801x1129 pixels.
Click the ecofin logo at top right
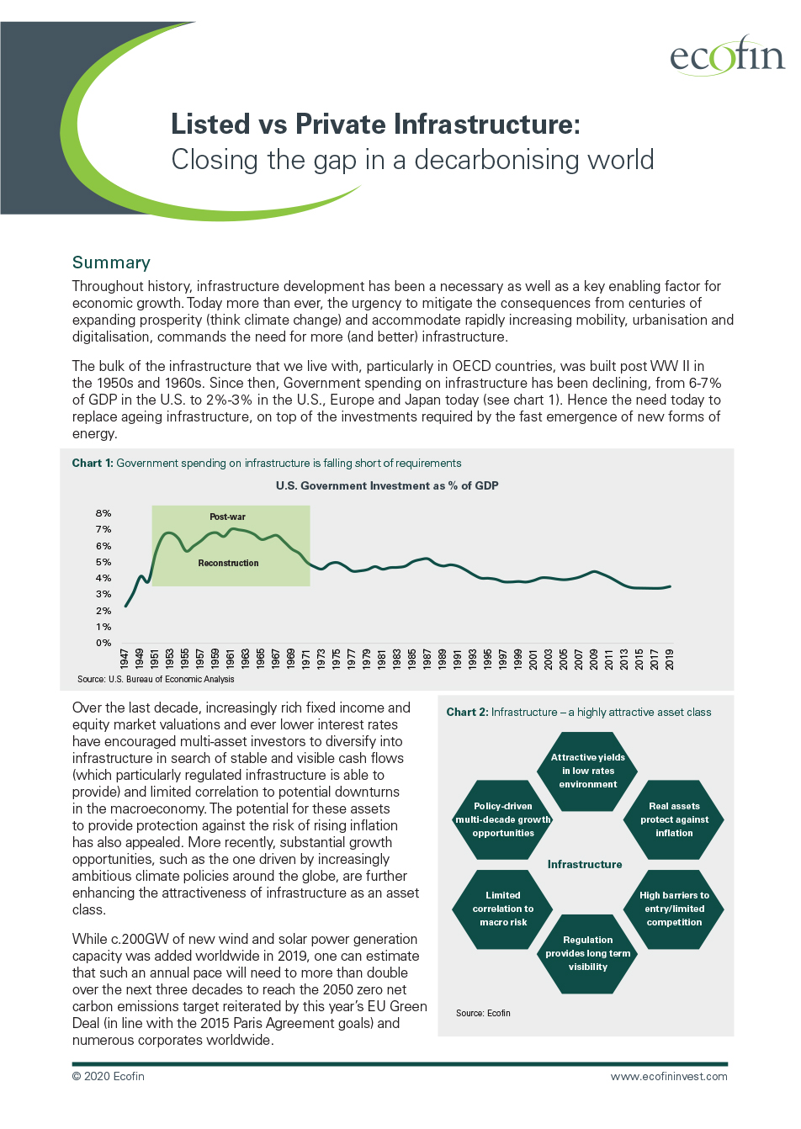click(726, 56)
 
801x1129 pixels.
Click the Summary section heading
click(111, 262)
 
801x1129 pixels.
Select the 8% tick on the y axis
click(103, 513)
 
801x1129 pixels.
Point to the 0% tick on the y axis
click(103, 643)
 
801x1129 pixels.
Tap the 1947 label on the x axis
click(125, 659)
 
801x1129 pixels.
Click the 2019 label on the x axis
click(670, 659)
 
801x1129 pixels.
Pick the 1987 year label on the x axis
click(427, 659)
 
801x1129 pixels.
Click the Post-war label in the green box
click(227, 517)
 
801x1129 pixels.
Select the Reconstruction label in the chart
click(228, 563)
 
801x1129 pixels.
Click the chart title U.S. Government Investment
click(387, 485)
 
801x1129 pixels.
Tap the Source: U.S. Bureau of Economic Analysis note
click(156, 679)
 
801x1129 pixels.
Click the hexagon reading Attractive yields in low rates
click(587, 771)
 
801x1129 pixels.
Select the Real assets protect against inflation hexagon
click(674, 819)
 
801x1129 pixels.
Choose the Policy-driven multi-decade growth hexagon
click(503, 819)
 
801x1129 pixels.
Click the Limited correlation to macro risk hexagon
click(503, 909)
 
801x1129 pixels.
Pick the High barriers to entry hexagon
click(674, 909)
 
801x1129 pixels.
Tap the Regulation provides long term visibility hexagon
click(587, 953)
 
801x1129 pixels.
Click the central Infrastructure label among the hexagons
click(585, 864)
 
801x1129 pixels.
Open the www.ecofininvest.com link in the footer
click(669, 1076)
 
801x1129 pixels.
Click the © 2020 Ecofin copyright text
click(109, 1076)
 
